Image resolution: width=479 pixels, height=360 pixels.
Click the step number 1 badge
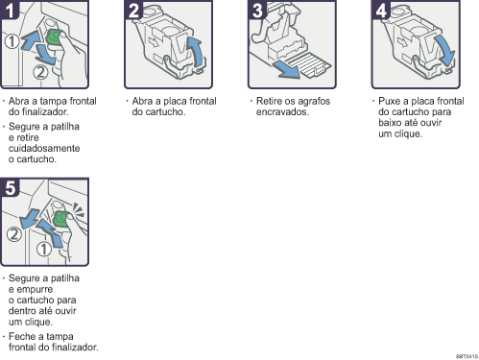click(9, 10)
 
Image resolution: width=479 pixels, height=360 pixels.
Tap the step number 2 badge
click(132, 10)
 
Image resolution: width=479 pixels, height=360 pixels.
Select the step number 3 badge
click(256, 10)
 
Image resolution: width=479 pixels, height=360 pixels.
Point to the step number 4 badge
click(380, 10)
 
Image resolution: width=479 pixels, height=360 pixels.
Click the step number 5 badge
click(10, 187)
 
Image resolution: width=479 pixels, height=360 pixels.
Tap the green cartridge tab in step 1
click(54, 37)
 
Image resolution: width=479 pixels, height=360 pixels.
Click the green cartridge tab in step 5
click(60, 219)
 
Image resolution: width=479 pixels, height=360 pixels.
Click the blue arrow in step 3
click(286, 70)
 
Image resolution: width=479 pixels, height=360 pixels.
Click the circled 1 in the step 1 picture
click(12, 41)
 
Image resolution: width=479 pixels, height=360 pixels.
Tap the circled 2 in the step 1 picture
click(40, 72)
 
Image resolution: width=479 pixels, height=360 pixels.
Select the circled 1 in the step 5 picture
click(44, 249)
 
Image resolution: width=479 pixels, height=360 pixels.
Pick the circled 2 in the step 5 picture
click(14, 234)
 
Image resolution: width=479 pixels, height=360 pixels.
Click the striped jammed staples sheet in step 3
click(308, 65)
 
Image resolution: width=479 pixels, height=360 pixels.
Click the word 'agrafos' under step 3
click(313, 102)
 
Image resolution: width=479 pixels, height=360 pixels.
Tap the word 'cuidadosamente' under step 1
click(44, 148)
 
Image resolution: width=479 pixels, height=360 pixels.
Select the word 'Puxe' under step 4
click(389, 101)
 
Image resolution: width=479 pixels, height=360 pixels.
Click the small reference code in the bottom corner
click(467, 356)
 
